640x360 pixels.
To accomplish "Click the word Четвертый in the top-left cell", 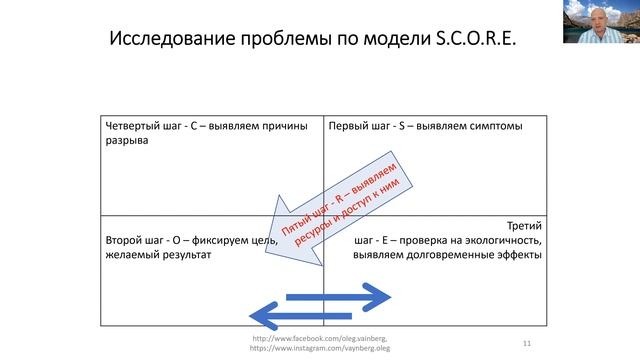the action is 137,125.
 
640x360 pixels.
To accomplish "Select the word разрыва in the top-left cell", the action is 127,141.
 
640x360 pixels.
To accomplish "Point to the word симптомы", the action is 494,125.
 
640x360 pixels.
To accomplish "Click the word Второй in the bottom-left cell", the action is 128,240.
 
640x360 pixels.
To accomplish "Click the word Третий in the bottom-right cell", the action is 523,226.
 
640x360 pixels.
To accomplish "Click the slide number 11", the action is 526,343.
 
